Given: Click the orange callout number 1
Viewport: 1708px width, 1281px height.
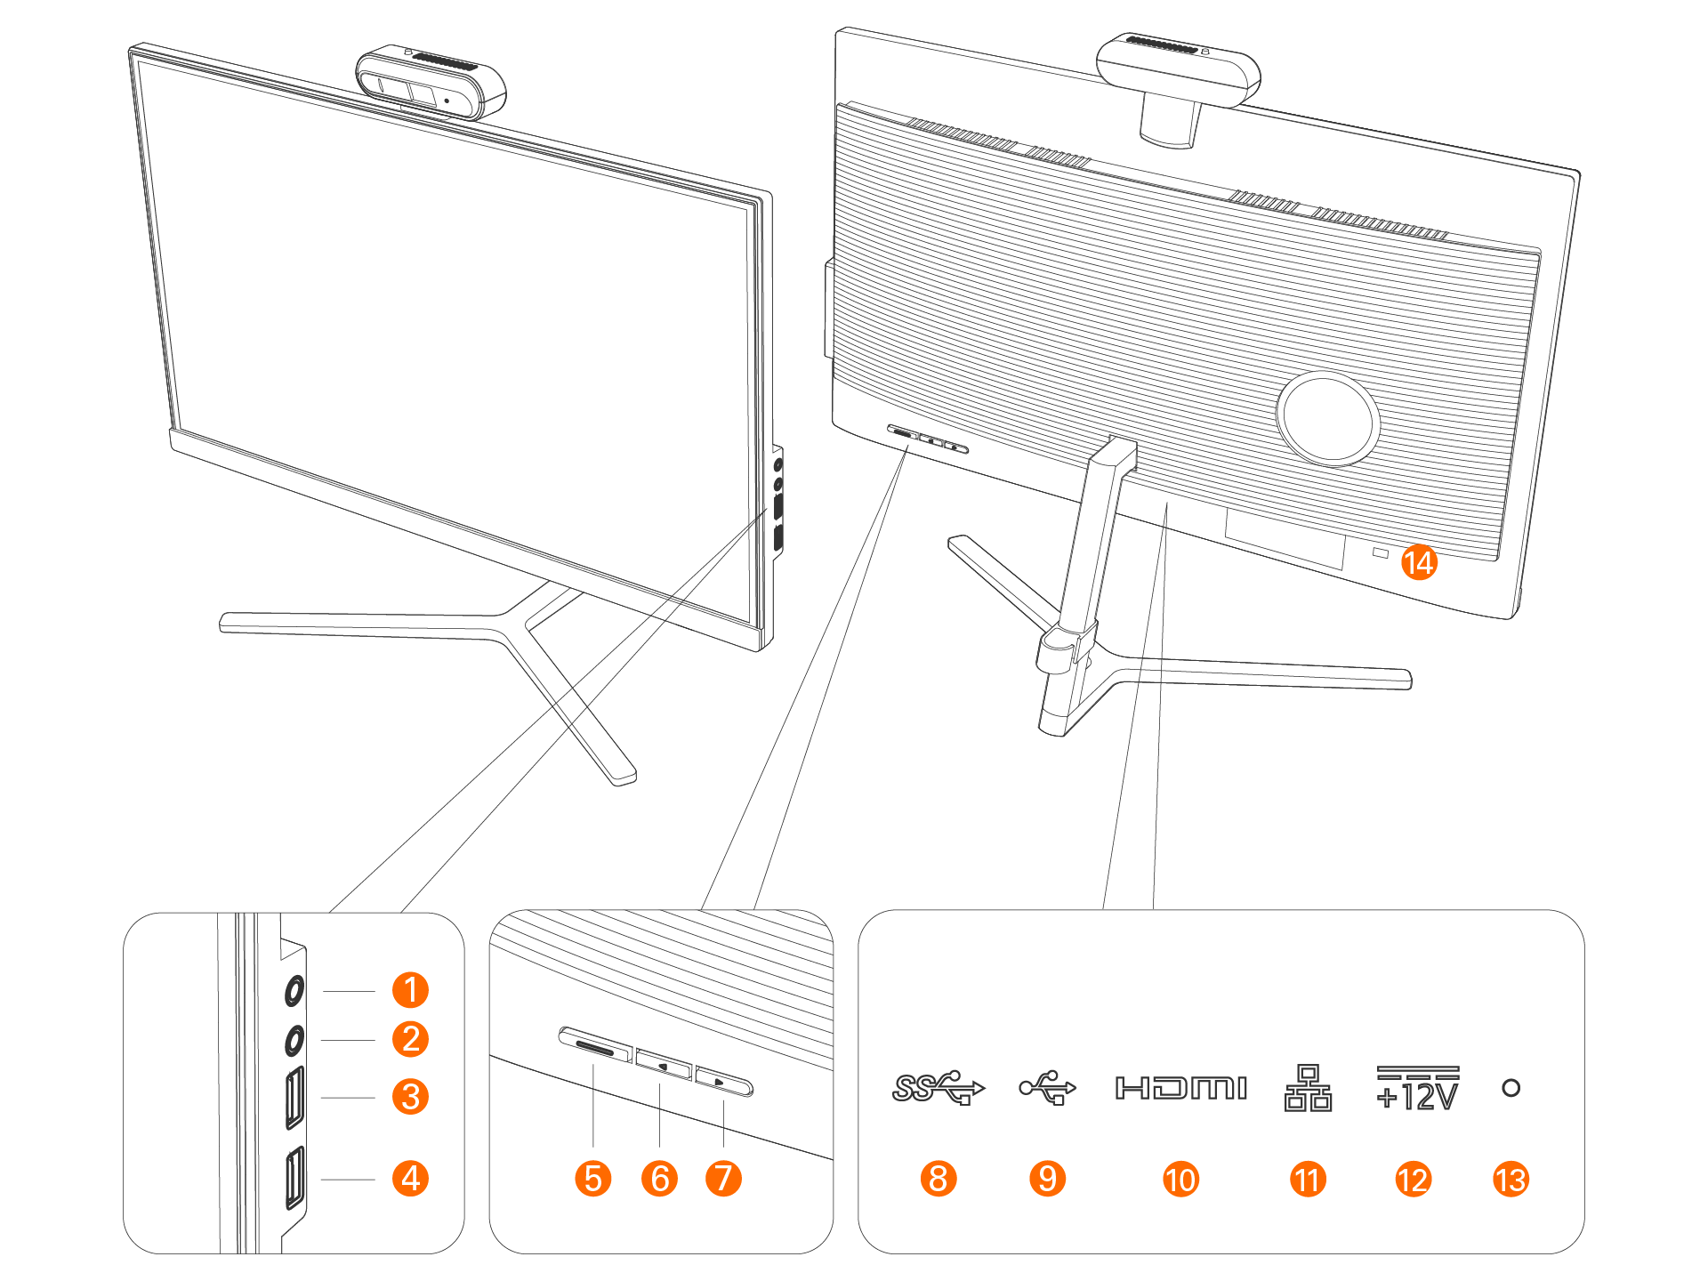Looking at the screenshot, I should [410, 989].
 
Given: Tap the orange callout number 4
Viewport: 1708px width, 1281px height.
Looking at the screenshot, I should [410, 1179].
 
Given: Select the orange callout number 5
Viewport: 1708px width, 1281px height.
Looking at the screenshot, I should [592, 1179].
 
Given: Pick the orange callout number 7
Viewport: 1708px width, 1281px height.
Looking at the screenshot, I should [723, 1179].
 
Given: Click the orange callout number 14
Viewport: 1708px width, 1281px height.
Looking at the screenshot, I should [1419, 562].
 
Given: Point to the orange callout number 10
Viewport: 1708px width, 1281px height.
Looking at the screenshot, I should [1180, 1180].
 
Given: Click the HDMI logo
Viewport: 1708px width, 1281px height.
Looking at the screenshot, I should [1180, 1087].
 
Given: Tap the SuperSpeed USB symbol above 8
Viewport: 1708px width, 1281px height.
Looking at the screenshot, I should [938, 1087].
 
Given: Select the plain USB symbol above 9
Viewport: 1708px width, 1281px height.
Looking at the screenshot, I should [1047, 1087].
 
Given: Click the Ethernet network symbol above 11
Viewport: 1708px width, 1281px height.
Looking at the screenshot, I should [1308, 1087].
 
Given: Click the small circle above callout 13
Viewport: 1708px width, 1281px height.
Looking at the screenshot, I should [1511, 1087].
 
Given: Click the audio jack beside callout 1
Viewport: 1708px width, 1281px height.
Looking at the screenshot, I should [294, 990].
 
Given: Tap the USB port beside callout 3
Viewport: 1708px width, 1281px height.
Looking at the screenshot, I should [294, 1098].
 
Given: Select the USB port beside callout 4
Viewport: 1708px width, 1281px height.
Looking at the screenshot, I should [294, 1178].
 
